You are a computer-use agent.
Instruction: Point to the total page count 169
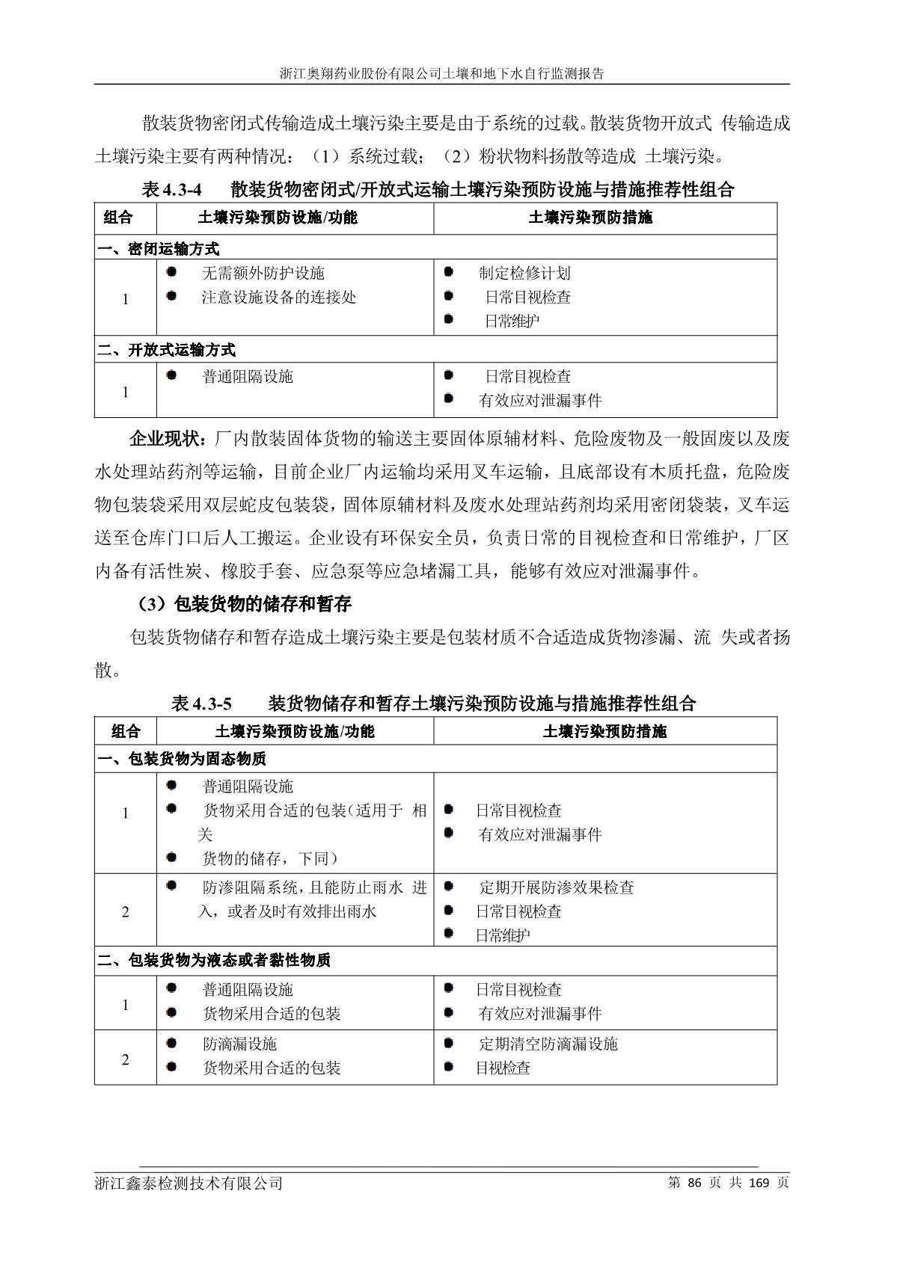click(759, 1183)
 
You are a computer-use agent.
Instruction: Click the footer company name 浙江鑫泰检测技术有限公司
click(189, 1184)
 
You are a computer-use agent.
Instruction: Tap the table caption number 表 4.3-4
click(171, 190)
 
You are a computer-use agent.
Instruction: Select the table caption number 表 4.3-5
click(201, 704)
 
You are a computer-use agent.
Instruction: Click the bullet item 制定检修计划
click(524, 274)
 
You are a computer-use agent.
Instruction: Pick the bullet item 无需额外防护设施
click(263, 274)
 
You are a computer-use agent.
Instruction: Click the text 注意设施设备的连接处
click(278, 298)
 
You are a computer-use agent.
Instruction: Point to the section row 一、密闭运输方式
click(158, 248)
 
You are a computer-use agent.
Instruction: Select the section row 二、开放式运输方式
click(166, 350)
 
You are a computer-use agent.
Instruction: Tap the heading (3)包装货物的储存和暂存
click(245, 603)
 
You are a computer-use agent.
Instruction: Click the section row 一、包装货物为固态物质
click(182, 759)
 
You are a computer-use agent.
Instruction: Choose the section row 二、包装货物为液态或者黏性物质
click(214, 960)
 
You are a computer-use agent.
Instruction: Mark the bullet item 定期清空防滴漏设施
click(548, 1044)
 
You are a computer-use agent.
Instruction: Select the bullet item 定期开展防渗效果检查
click(556, 887)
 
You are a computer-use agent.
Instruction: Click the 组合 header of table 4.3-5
click(125, 731)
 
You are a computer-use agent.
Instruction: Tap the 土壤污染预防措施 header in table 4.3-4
click(590, 218)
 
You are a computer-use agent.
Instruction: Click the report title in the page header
click(441, 74)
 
